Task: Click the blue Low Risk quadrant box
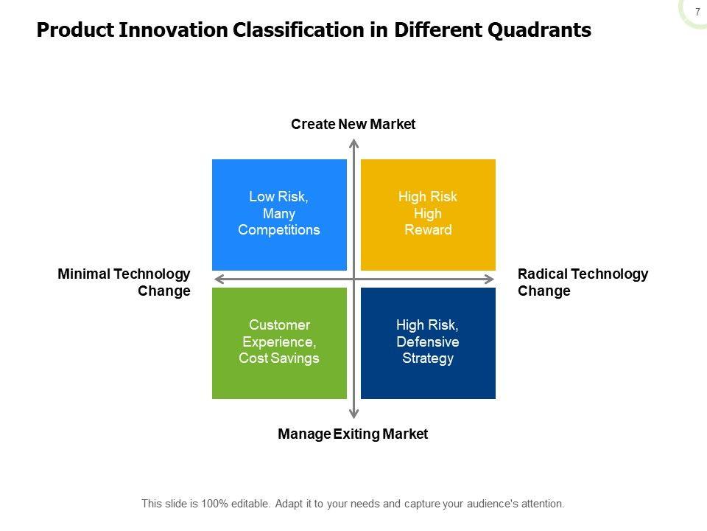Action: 280,215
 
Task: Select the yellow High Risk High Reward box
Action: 428,215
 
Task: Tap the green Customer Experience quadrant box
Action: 280,343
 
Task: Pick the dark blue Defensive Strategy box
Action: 428,343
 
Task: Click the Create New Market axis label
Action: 353,124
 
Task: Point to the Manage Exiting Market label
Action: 353,434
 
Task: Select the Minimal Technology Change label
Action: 124,282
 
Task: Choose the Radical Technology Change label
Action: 583,282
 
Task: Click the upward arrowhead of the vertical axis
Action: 354,144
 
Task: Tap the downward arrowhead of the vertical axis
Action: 354,414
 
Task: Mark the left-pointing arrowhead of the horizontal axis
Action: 219,279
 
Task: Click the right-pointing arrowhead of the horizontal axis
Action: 489,279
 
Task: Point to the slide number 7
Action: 697,13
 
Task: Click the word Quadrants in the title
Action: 539,30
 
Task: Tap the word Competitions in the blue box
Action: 279,230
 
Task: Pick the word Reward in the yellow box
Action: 428,230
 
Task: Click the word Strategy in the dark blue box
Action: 428,358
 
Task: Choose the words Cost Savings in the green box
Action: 279,358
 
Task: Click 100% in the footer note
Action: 214,504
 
